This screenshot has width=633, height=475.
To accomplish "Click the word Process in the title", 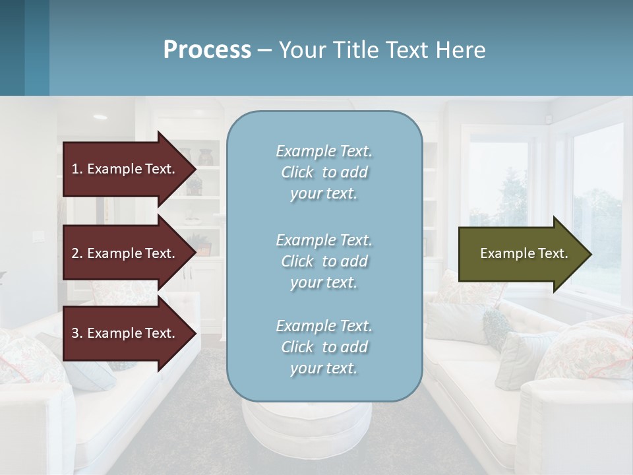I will [207, 50].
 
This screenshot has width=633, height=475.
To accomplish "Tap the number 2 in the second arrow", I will [75, 253].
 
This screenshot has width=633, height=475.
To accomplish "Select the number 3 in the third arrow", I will [75, 333].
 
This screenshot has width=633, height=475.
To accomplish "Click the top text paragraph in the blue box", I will [324, 172].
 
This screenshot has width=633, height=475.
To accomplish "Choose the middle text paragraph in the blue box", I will [324, 261].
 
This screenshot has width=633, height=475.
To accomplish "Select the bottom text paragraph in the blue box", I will [324, 347].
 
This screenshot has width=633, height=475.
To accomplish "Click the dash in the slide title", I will [264, 50].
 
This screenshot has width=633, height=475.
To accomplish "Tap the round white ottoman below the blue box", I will [307, 429].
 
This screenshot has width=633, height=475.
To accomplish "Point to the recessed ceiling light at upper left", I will [100, 117].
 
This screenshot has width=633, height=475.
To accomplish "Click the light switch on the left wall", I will [38, 235].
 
